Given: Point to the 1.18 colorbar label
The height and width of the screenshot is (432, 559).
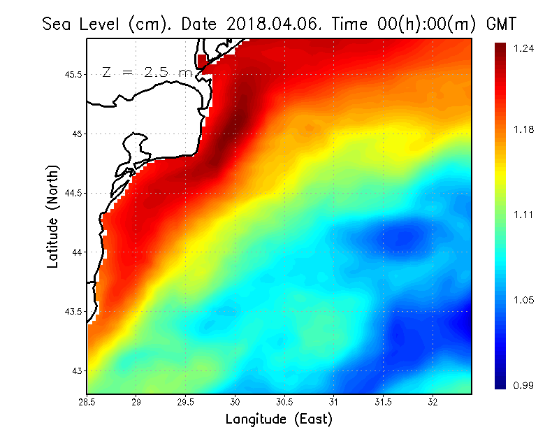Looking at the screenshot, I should tap(523, 129).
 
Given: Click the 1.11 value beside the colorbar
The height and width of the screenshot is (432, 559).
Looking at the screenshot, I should tap(523, 215).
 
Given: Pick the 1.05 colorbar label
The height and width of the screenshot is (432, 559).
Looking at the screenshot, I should tap(523, 300).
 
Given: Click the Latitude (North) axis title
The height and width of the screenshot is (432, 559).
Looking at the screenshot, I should tap(52, 216).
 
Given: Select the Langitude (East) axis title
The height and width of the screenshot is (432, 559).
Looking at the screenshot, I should tap(279, 419).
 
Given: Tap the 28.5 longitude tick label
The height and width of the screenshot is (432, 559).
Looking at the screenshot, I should tap(87, 402).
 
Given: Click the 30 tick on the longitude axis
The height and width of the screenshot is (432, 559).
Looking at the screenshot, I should tap(235, 402).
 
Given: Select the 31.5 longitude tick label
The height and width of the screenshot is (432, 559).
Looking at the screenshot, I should tap(384, 402).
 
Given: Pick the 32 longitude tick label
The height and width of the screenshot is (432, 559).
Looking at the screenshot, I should tap(433, 402).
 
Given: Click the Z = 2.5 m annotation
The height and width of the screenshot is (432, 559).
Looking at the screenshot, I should tap(147, 72).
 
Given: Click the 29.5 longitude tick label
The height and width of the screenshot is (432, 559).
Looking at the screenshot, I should tap(186, 402).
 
